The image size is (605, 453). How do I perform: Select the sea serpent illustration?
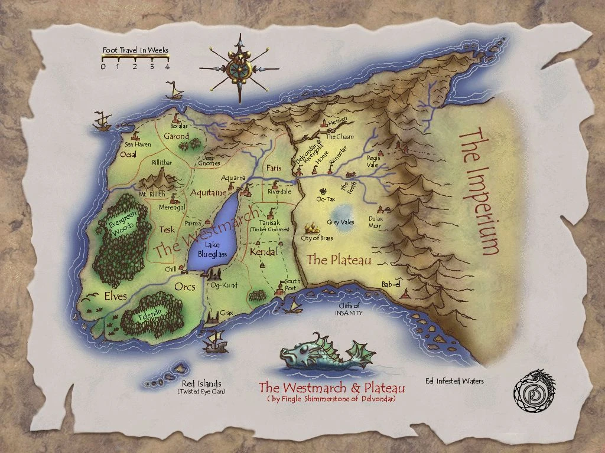click(x=322, y=354)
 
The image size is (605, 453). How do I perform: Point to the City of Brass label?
click(x=317, y=238)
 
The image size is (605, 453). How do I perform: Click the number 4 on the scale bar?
click(x=167, y=66)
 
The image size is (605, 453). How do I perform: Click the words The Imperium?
click(x=477, y=192)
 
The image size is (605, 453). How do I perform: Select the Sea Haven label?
click(x=138, y=144)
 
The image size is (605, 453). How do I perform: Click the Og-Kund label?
click(x=224, y=285)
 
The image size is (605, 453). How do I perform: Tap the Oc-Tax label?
click(x=325, y=199)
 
